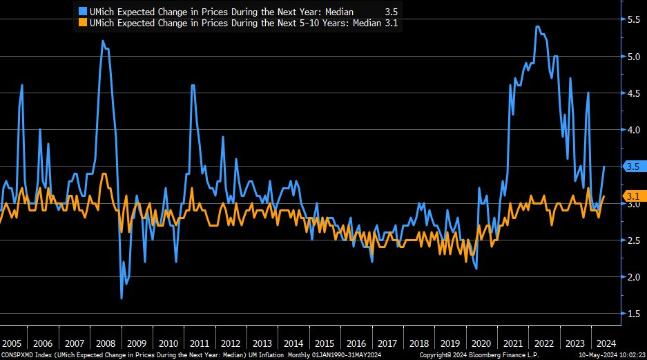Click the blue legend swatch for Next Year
[82, 12]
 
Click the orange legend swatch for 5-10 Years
[82, 23]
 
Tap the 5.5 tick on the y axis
[633, 20]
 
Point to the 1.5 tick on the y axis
[633, 314]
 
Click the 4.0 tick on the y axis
[633, 130]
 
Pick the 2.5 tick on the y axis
[633, 240]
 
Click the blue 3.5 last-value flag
[633, 167]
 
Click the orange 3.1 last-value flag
[633, 196]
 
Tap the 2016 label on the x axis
[356, 343]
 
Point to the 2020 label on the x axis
[481, 343]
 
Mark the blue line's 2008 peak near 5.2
[103, 41]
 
